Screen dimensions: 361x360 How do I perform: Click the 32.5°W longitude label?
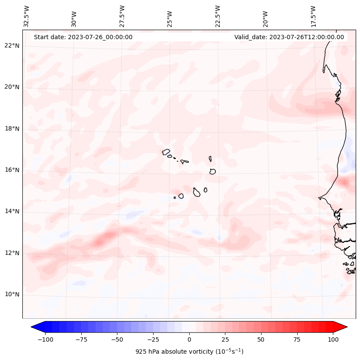pos(27,16)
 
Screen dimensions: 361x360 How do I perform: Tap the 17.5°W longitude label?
pos(313,16)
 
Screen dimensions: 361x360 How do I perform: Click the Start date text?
pos(83,37)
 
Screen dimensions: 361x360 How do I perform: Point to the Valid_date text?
pos(289,37)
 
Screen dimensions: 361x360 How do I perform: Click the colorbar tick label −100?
pos(46,339)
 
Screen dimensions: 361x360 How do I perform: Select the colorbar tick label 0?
pos(189,339)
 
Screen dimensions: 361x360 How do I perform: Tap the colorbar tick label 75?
pos(297,339)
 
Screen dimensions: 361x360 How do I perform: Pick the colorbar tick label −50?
pos(117,339)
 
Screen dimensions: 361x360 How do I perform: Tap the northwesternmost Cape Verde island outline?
pos(166,151)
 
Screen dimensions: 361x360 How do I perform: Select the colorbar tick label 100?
pos(332,339)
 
